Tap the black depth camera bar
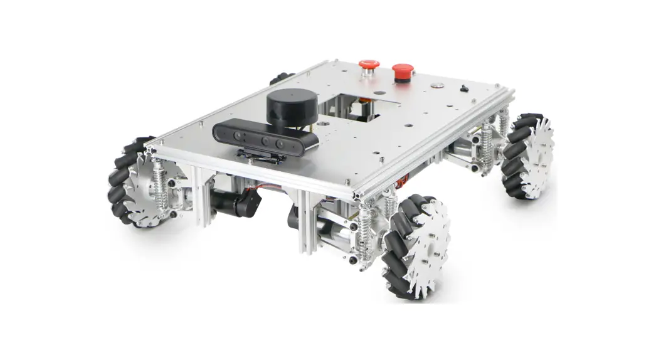pos(263,136)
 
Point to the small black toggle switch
pos(464,88)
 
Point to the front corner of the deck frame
pos(358,195)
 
